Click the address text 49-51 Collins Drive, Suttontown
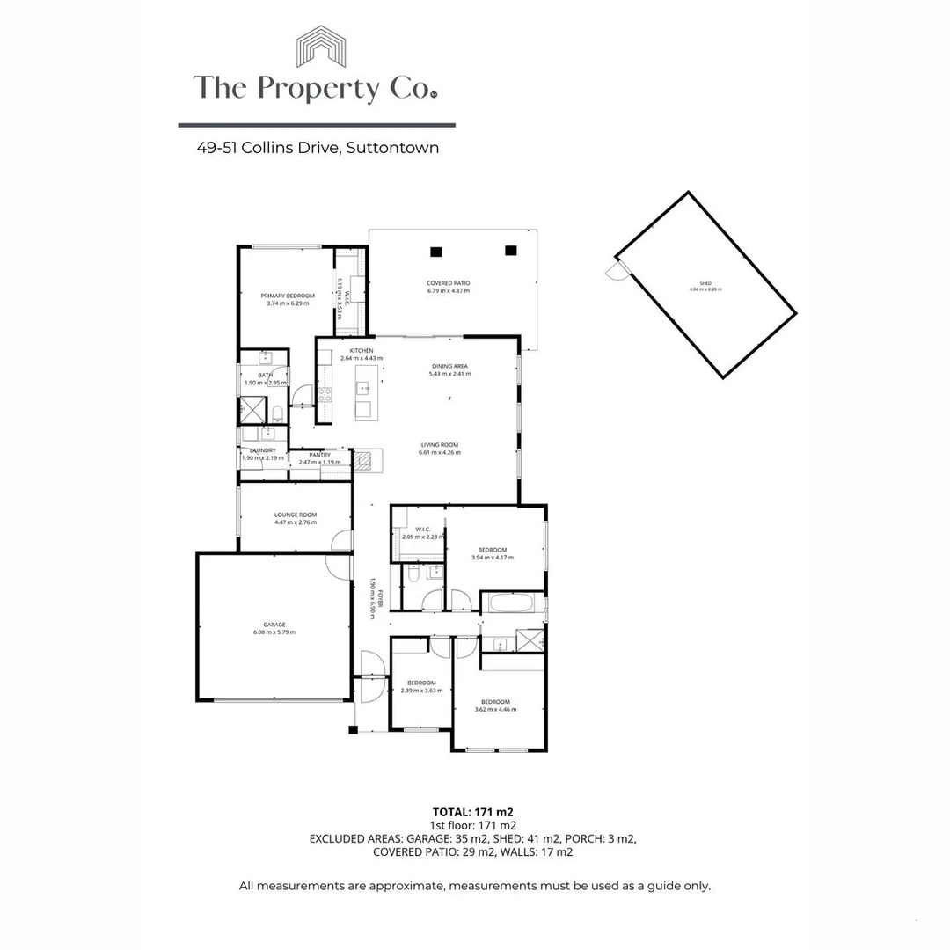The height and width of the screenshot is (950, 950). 318,148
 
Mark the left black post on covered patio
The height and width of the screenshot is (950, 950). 435,252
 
